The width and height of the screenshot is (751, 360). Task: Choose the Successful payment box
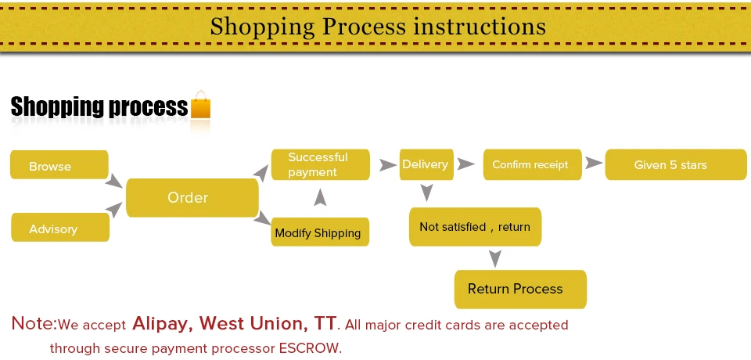pos(319,164)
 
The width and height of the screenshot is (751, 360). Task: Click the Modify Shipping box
pos(319,232)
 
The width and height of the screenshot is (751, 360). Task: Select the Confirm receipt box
pos(530,164)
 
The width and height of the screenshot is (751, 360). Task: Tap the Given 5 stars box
pos(670,164)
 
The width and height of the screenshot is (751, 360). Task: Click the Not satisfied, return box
pos(475,227)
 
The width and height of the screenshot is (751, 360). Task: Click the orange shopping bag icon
pos(201,105)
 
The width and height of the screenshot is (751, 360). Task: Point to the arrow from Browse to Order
pos(115,181)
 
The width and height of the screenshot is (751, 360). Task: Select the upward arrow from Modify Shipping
pos(320,198)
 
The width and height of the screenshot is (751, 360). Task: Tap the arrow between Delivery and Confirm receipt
pos(466,164)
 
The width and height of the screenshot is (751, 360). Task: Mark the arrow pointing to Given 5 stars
pos(594,164)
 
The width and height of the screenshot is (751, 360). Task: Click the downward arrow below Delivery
pos(426,192)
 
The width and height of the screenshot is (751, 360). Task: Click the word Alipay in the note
pos(162,323)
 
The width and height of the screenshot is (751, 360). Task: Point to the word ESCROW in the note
pos(310,347)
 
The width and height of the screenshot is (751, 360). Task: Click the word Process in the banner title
pos(365,26)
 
